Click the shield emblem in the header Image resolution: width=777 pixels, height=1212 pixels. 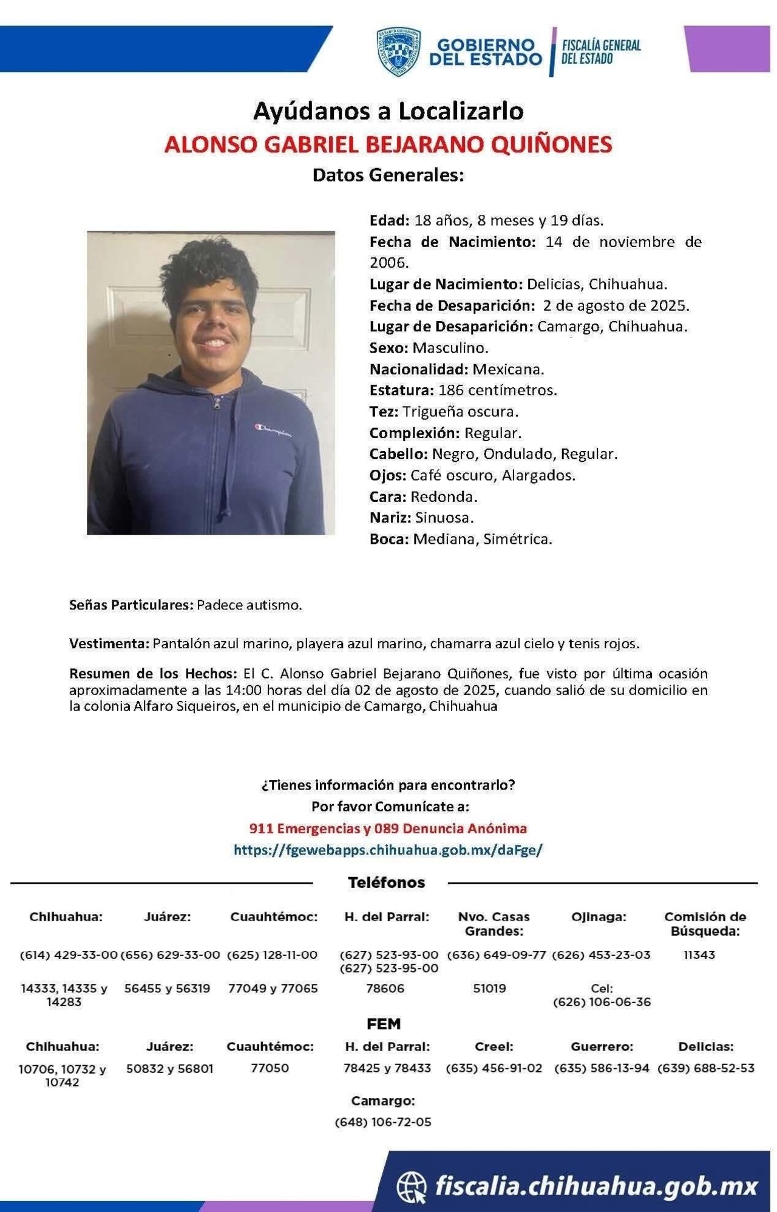398,52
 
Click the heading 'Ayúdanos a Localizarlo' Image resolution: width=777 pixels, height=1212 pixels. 388,111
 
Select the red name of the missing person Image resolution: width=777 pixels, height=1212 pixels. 388,144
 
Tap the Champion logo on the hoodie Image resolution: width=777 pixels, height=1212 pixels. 273,430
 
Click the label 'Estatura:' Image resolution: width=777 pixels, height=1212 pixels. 401,390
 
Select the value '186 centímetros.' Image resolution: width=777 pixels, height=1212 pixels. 497,390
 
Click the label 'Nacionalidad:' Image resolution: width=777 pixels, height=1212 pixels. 418,369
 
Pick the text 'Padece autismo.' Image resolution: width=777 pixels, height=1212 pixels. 249,605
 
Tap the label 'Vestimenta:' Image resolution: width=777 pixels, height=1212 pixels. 109,643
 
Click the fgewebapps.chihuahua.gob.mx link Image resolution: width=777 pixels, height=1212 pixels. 388,850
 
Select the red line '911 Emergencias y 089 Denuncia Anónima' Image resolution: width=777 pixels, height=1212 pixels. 388,828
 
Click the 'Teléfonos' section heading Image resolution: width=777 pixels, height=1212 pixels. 386,882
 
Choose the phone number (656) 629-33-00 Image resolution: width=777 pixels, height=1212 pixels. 170,955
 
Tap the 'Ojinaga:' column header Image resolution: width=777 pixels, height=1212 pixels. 599,916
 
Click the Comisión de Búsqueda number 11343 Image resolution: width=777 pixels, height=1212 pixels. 699,955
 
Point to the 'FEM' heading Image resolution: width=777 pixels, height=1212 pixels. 384,1024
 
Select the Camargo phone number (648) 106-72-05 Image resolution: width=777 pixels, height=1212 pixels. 383,1122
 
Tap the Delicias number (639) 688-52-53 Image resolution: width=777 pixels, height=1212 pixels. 706,1068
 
